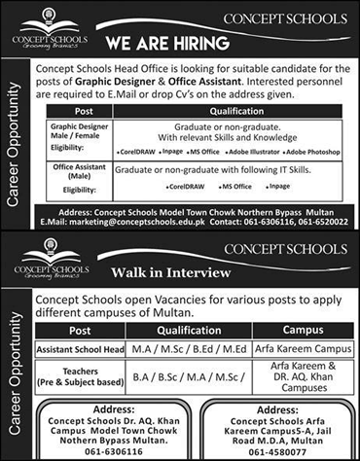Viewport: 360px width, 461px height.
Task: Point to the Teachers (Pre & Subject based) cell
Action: click(x=89, y=374)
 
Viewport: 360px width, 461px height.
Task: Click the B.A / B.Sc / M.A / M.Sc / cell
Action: click(x=197, y=374)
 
